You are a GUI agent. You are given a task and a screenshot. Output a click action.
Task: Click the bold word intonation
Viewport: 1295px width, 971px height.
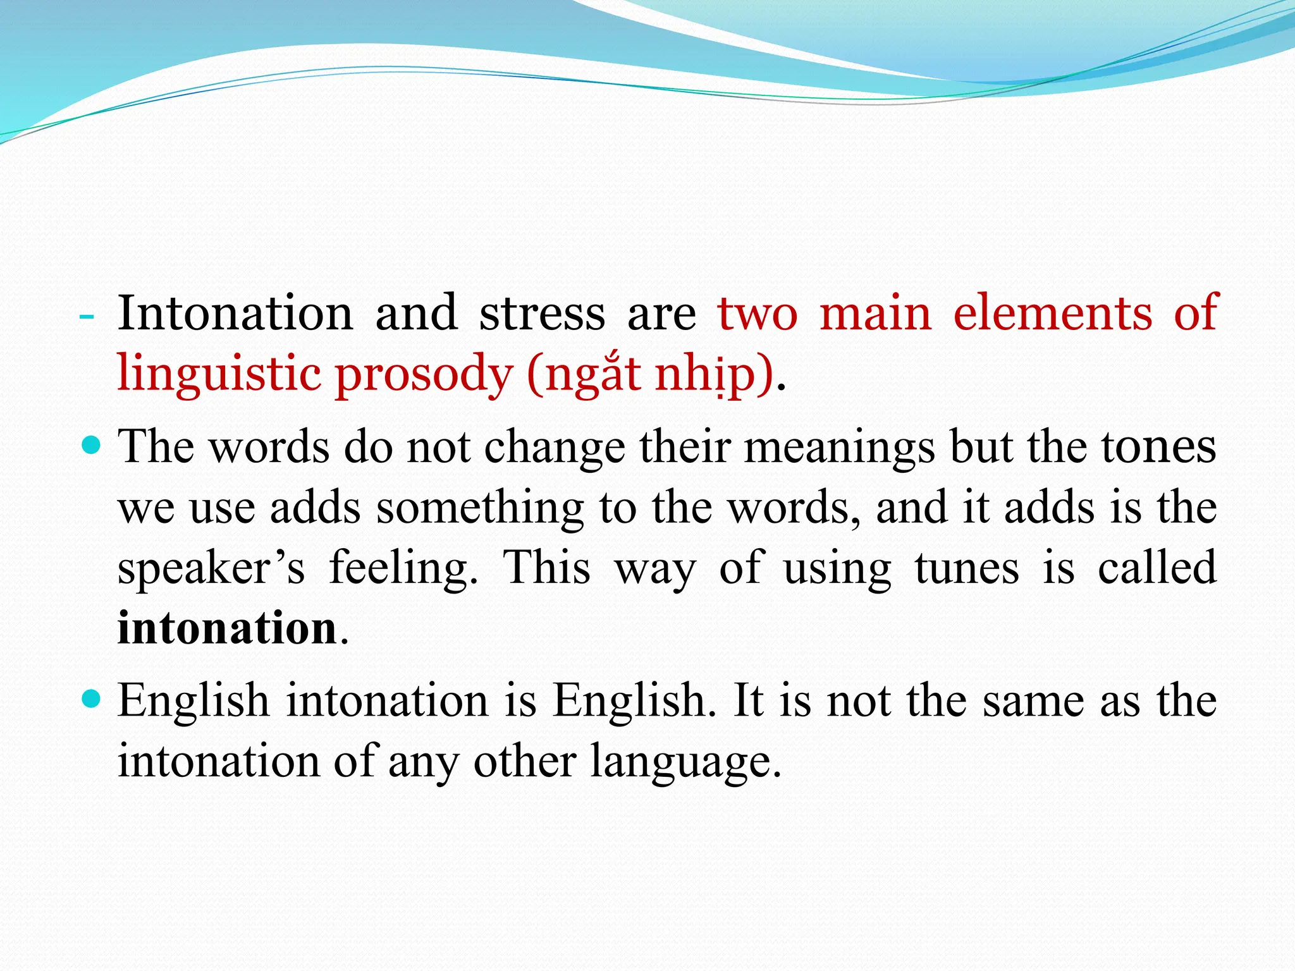point(227,628)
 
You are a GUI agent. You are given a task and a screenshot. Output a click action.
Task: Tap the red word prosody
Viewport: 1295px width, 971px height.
point(423,374)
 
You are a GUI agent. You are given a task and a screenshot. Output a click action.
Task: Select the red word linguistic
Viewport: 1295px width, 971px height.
point(219,374)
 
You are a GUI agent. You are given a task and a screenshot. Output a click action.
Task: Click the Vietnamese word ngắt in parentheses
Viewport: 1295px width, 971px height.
point(594,374)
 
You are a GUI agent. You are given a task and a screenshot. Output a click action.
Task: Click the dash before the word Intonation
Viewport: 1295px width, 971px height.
point(87,315)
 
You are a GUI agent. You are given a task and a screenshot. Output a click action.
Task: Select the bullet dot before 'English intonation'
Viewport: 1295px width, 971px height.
point(92,700)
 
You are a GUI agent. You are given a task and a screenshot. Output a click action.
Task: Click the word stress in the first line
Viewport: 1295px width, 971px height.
point(542,314)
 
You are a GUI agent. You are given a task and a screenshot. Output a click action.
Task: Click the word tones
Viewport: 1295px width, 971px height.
point(1158,447)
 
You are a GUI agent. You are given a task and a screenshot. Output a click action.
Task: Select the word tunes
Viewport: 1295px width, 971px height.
point(967,568)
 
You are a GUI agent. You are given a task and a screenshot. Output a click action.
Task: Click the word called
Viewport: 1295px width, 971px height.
point(1157,568)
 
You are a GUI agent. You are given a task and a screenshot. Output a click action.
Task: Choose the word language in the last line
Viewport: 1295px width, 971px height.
point(685,762)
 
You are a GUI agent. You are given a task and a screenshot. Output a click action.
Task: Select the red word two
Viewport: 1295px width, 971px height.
point(758,314)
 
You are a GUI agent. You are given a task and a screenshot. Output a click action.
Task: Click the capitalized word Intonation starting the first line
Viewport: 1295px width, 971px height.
point(235,314)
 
